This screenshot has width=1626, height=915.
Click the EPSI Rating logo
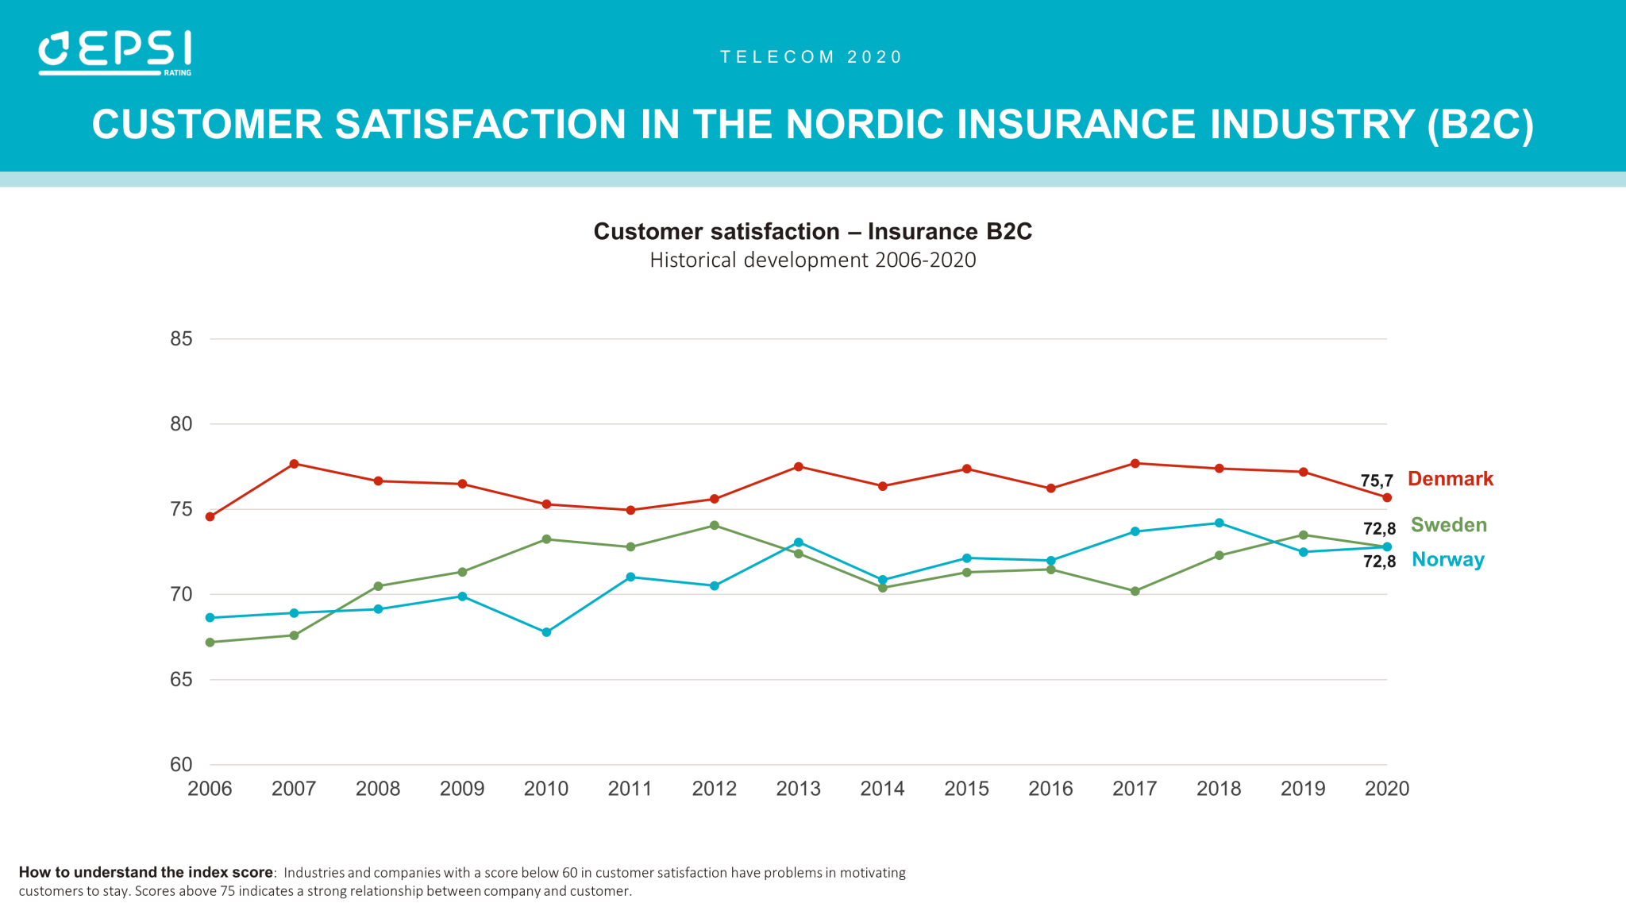click(115, 53)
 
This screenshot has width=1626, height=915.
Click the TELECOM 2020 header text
click(811, 57)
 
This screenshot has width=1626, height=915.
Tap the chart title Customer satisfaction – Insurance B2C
click(812, 231)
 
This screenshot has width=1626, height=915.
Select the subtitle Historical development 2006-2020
click(812, 261)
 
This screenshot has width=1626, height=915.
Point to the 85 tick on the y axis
click(181, 339)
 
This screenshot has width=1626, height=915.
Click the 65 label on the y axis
click(181, 680)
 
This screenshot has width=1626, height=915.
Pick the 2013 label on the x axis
click(798, 789)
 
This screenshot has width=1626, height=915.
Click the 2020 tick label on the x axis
click(1386, 789)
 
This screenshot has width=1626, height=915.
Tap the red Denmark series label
click(1450, 479)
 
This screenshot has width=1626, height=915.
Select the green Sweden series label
click(1448, 525)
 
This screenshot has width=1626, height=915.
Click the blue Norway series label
click(1447, 560)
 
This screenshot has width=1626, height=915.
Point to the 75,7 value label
click(1376, 481)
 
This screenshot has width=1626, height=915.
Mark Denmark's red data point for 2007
click(294, 464)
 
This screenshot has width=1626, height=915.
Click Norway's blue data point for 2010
click(546, 633)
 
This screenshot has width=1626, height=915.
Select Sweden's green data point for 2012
click(715, 526)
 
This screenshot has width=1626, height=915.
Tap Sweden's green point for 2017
click(1135, 591)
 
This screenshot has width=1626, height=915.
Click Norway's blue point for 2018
click(1219, 523)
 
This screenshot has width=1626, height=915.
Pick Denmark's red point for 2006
click(210, 517)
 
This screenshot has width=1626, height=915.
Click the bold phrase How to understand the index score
click(145, 872)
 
